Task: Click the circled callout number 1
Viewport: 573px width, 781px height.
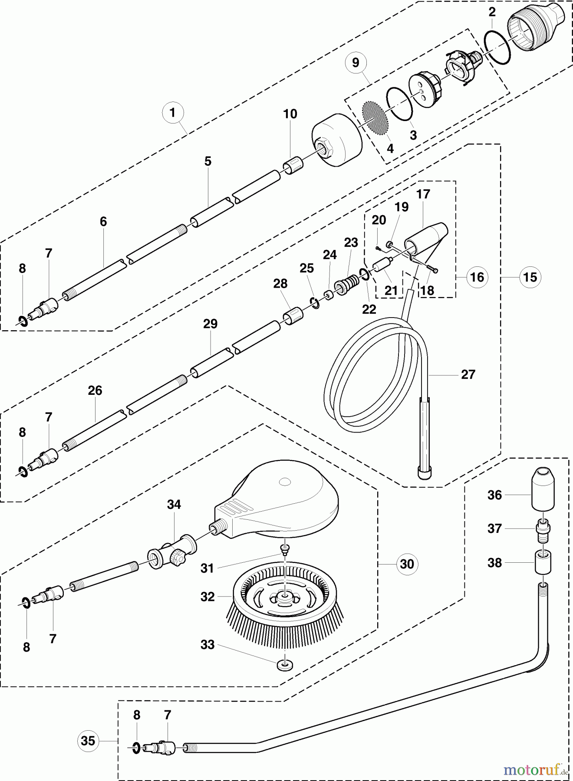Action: point(172,113)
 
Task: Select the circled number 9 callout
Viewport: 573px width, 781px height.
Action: point(356,63)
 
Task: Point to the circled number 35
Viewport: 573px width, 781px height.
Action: point(88,740)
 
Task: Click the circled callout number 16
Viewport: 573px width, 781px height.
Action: point(477,277)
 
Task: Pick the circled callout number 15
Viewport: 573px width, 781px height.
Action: point(530,277)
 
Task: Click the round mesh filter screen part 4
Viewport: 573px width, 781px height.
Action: point(375,118)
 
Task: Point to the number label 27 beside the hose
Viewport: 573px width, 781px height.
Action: point(468,374)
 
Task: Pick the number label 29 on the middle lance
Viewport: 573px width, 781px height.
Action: point(210,324)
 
